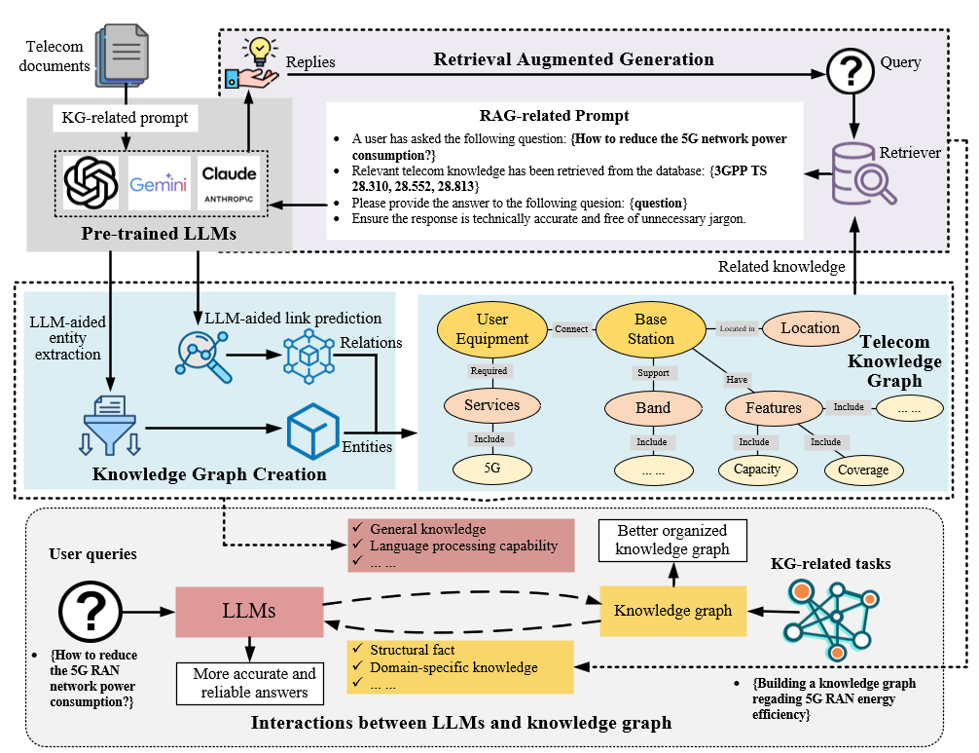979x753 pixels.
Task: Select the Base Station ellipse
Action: [x=650, y=328]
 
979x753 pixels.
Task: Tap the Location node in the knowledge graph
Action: [x=810, y=328]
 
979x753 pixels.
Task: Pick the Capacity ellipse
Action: [x=757, y=470]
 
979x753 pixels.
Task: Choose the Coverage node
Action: [x=862, y=470]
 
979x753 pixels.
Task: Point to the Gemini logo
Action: [x=158, y=183]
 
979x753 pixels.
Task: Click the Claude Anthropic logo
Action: [x=230, y=183]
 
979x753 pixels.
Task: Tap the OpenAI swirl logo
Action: [x=91, y=183]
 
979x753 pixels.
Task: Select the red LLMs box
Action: [x=249, y=612]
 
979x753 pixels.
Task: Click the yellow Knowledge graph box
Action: [x=672, y=611]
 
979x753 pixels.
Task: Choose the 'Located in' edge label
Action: [x=737, y=328]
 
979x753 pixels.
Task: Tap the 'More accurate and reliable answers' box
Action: [x=254, y=682]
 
